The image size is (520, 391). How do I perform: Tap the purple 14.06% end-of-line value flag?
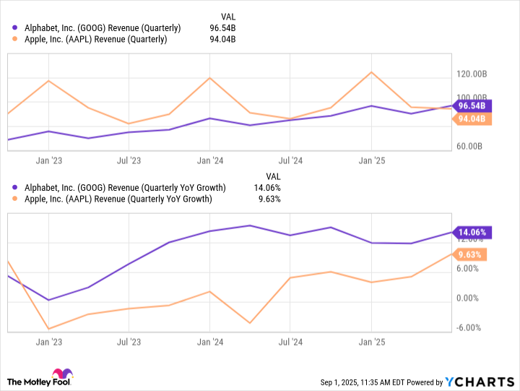471,233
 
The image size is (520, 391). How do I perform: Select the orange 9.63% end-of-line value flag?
471,254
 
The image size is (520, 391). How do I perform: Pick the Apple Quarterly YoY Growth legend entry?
116,199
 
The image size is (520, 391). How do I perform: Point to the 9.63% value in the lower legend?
268,199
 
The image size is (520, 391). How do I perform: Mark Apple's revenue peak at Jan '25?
371,72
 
